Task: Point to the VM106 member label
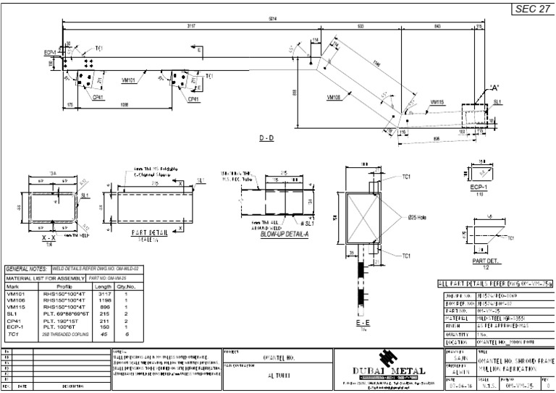[335, 96]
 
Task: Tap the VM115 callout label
[439, 102]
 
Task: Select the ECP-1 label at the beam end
[50, 53]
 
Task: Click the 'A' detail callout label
[494, 87]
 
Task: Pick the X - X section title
[49, 238]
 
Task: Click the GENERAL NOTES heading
[27, 268]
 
